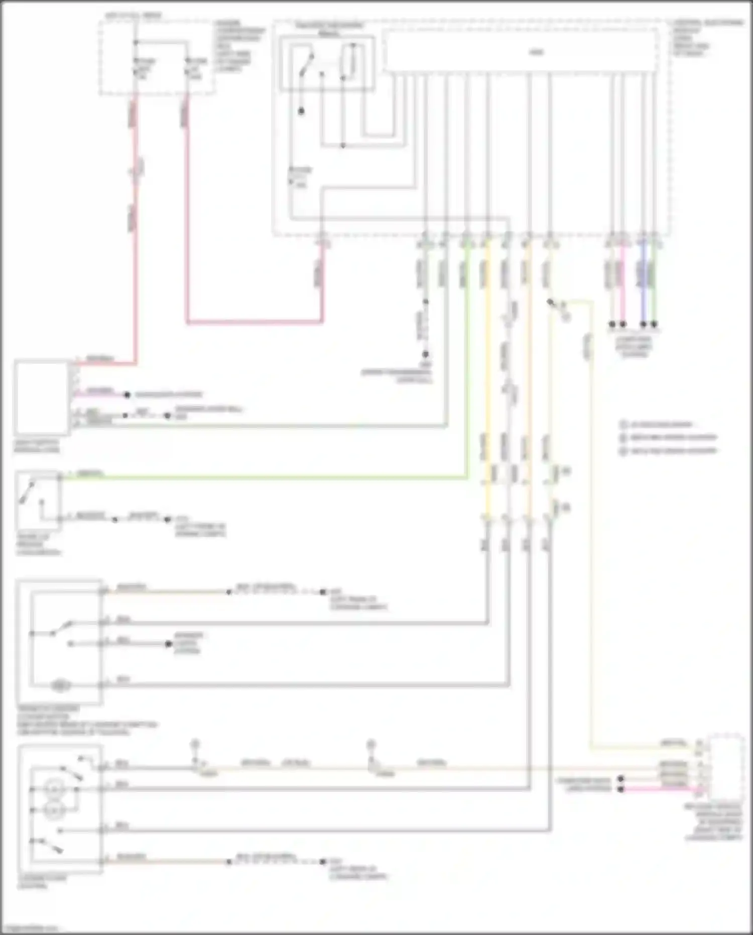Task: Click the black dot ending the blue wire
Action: point(643,325)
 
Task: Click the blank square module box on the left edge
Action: point(42,397)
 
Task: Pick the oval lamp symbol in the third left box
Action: point(61,684)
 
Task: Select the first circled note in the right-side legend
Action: point(623,425)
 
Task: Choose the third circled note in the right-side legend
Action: point(623,451)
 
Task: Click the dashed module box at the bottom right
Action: point(726,766)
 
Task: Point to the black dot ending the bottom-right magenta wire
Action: point(621,789)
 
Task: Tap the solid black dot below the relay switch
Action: point(301,111)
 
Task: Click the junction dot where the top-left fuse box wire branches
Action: point(136,42)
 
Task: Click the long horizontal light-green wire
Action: point(261,478)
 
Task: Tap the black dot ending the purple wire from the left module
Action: point(128,395)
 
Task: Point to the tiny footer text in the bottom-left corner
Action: point(30,928)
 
